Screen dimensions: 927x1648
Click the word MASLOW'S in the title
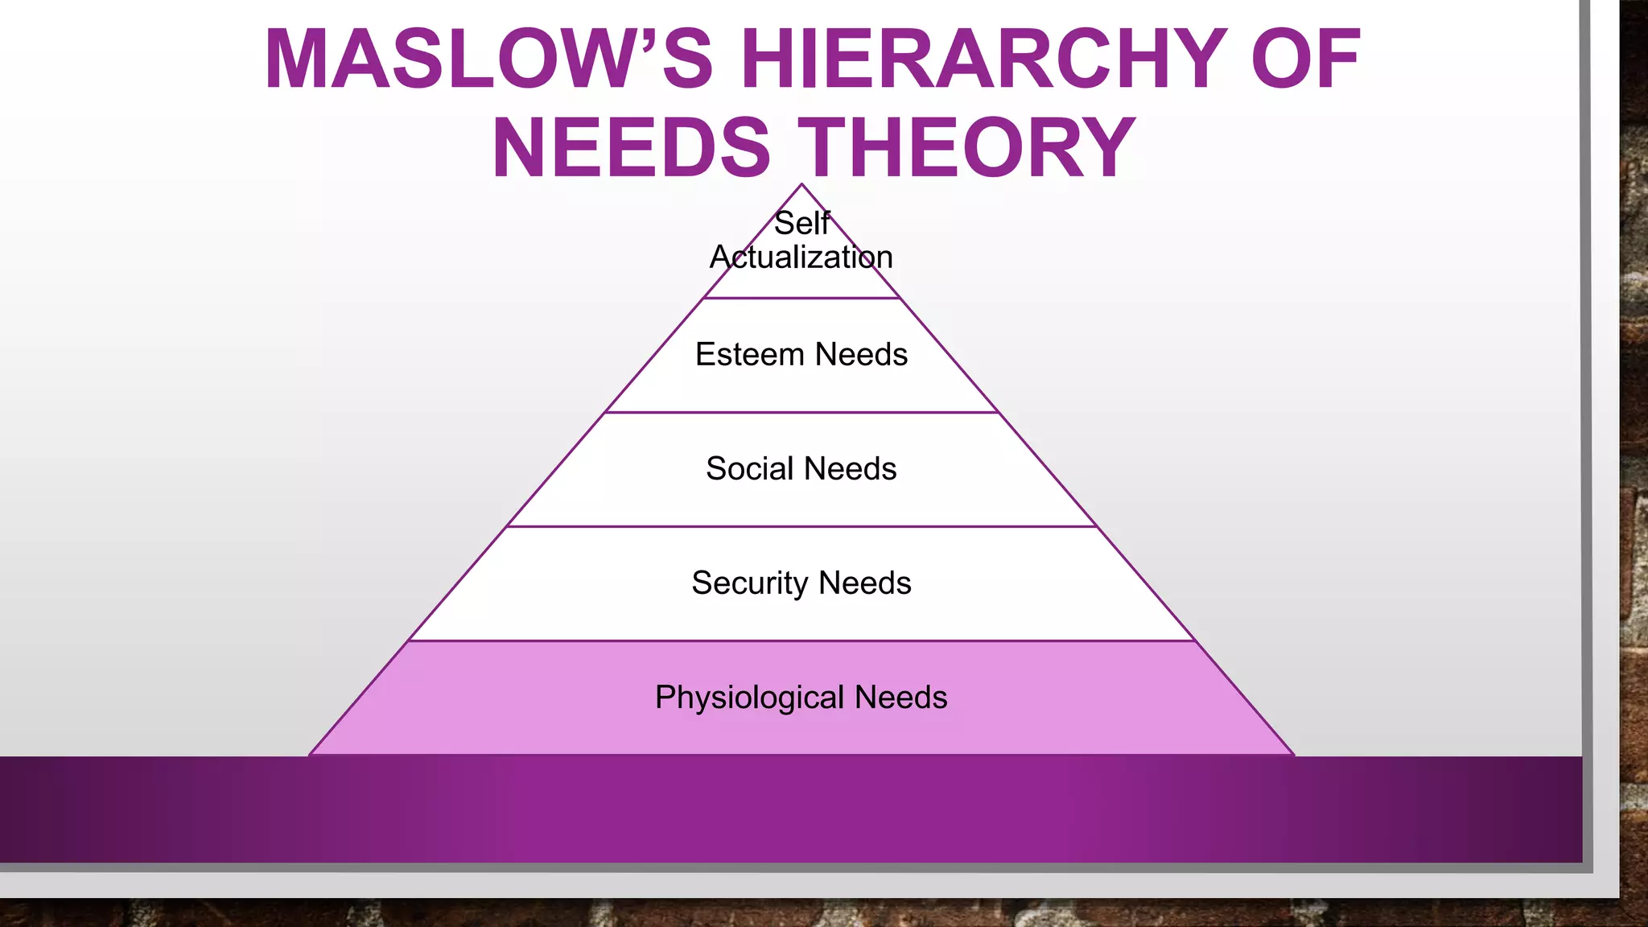coord(488,60)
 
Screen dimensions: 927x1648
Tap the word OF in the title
coord(1305,60)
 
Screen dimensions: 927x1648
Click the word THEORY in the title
coord(971,148)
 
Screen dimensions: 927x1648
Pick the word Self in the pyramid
coord(801,224)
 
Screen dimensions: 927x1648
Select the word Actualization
coord(801,257)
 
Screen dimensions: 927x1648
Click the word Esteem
coord(749,355)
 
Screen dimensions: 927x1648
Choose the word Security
coord(749,583)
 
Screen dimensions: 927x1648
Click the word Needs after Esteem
coord(861,355)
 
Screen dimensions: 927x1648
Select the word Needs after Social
coord(850,469)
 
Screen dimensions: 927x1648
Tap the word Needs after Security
coord(865,583)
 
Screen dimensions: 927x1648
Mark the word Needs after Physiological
coord(900,698)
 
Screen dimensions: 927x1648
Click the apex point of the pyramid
coord(801,185)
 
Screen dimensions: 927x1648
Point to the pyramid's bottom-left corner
coord(311,754)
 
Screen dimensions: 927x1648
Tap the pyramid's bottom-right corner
coord(1292,754)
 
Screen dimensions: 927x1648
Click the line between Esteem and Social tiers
coord(801,413)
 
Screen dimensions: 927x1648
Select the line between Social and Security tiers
coord(801,527)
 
